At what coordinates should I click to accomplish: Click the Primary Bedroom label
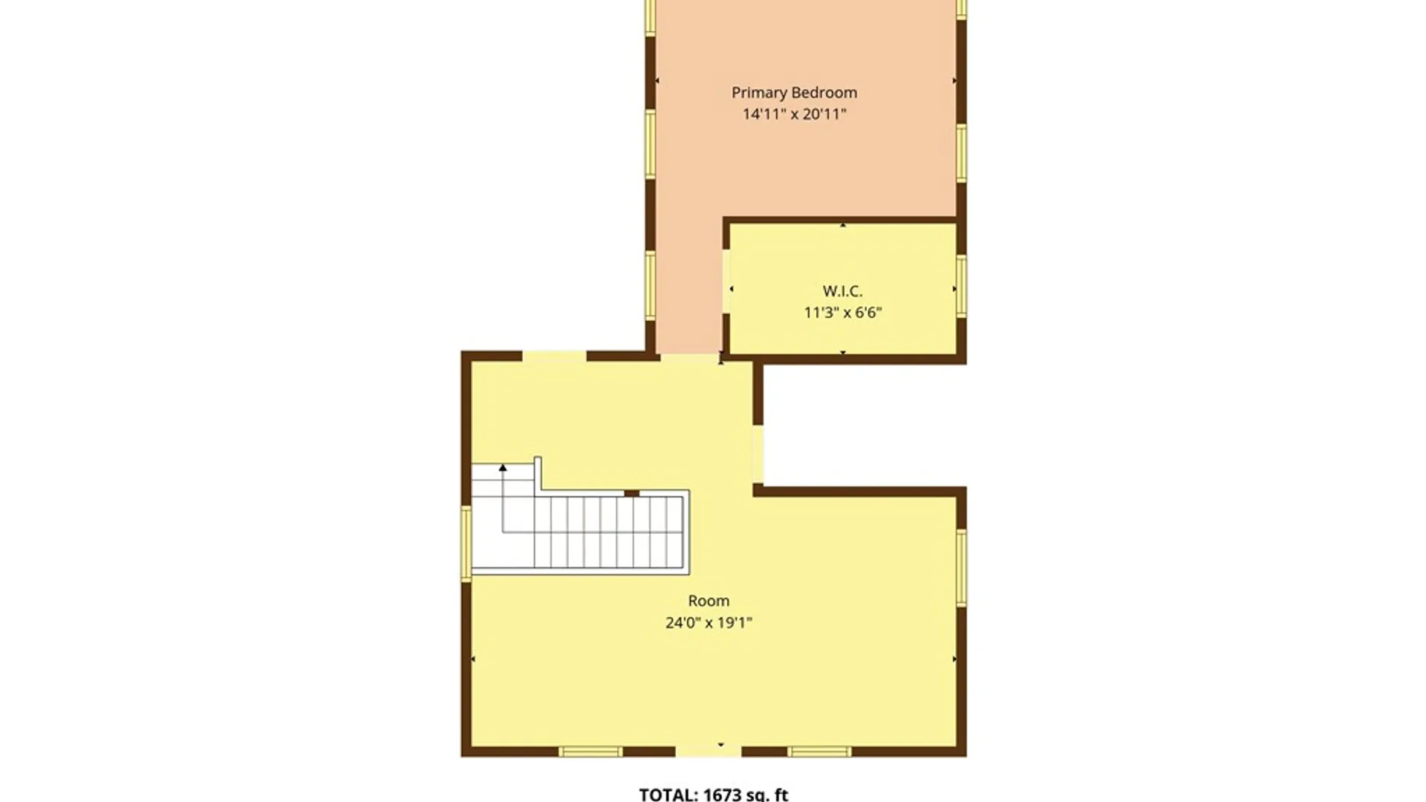(794, 93)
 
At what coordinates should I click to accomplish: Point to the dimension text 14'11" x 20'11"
(794, 114)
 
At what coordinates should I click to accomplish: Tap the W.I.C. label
(842, 291)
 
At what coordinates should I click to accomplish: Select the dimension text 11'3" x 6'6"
(842, 313)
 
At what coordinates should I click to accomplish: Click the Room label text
(709, 601)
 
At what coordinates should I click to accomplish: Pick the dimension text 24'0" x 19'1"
(709, 622)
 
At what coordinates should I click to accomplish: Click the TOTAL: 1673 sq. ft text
(713, 794)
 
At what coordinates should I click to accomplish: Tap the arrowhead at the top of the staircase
(503, 468)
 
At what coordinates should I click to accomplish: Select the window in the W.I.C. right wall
(961, 285)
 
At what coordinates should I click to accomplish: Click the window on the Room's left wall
(466, 543)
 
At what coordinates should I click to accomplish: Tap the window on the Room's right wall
(961, 567)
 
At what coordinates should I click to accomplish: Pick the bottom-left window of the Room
(590, 752)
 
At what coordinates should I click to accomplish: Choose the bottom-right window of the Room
(820, 752)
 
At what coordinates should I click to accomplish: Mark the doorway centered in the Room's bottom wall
(709, 752)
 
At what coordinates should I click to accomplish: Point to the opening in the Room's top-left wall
(554, 356)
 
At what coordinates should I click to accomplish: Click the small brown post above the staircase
(631, 493)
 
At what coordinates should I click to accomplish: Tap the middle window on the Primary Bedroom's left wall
(651, 144)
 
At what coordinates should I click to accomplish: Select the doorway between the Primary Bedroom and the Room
(690, 356)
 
